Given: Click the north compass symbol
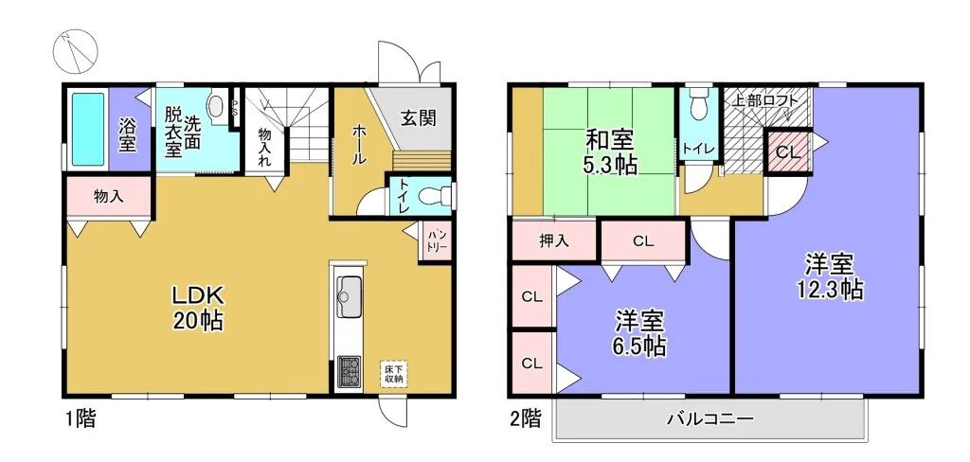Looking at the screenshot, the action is [x=76, y=51].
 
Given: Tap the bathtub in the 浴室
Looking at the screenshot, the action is [x=88, y=130].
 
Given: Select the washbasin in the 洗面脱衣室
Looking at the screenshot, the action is [x=216, y=106].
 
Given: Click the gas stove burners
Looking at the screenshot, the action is [x=350, y=372].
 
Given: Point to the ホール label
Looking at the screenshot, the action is [x=358, y=144].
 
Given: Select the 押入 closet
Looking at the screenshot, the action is [x=553, y=240].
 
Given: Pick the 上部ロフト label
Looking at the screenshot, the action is [x=763, y=101].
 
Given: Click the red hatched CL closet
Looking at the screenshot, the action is [x=788, y=151].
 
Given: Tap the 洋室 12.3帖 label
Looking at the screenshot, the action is [x=830, y=277].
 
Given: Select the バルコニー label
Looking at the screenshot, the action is [x=710, y=420].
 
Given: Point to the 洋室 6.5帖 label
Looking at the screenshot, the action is [x=640, y=333].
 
